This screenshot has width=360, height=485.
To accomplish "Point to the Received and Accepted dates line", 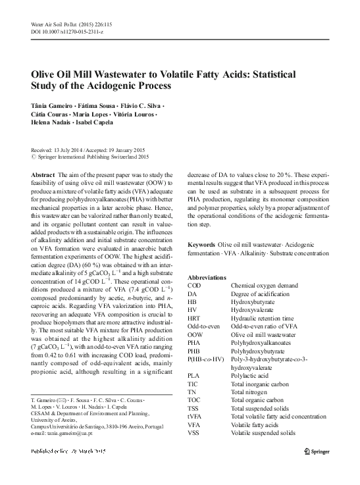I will [82, 149].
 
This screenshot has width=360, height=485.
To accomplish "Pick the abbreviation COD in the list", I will [194, 286].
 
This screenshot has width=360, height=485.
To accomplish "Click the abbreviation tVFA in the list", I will [195, 417].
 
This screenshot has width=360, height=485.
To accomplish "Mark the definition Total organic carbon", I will [257, 399].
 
